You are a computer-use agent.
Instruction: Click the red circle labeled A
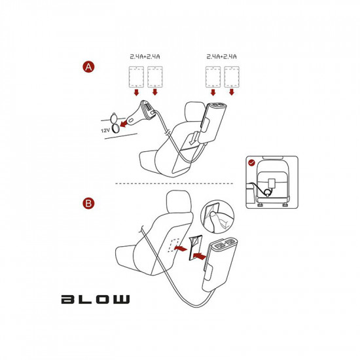point(88,67)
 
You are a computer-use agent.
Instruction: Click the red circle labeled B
point(88,203)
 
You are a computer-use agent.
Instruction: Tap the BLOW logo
point(96,299)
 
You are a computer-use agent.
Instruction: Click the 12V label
point(105,130)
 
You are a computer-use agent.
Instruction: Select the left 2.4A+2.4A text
point(145,56)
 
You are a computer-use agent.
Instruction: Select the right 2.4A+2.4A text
point(221,56)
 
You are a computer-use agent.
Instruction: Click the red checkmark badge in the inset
point(252,162)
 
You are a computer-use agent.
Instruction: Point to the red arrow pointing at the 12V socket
point(124,124)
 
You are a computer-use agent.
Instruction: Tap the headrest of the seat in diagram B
point(179,202)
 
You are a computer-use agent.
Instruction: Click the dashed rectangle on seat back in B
point(174,245)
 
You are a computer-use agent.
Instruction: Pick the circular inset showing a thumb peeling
point(217,217)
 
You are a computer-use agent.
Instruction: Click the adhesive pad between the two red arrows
point(194,248)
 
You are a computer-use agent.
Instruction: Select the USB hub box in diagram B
point(220,264)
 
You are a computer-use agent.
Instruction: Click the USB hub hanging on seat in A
point(213,122)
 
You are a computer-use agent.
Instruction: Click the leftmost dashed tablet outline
point(136,77)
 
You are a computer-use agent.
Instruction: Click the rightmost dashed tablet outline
point(232,77)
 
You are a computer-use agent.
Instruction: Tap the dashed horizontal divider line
point(174,183)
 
